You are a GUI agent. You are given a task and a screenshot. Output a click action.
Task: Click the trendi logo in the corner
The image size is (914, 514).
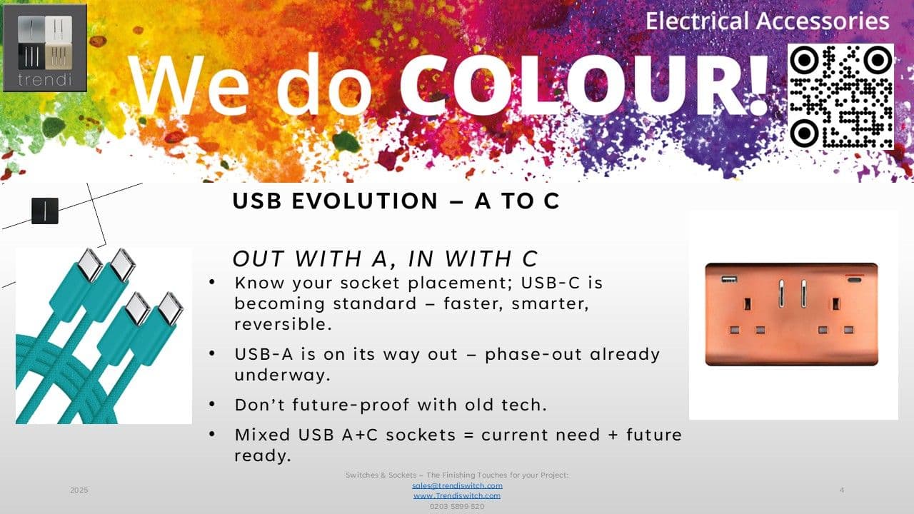[x=45, y=48]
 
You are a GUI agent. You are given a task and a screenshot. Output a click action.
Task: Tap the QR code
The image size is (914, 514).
[x=840, y=96]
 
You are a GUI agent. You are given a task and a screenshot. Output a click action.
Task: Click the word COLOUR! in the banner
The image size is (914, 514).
[x=584, y=85]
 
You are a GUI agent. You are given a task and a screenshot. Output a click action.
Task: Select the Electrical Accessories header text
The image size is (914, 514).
[x=767, y=21]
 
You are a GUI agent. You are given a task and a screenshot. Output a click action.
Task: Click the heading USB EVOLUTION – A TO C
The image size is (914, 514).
[x=396, y=201]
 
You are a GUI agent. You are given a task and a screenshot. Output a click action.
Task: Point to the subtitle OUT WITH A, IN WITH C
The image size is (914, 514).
[x=385, y=258]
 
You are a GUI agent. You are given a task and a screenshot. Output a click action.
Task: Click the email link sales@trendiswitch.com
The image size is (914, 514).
[x=457, y=485]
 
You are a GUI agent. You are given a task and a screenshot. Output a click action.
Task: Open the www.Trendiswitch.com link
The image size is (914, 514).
[x=457, y=495]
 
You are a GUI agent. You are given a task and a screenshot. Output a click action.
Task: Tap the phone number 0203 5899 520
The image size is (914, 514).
[x=457, y=506]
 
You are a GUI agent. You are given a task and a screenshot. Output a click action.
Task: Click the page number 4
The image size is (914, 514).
[x=842, y=490]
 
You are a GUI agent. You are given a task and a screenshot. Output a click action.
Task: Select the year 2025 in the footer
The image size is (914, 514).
[x=79, y=490]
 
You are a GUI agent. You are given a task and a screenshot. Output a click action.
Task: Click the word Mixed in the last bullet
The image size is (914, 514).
[x=262, y=435]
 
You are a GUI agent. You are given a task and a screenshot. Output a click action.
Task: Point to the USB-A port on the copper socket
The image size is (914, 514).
[x=729, y=279]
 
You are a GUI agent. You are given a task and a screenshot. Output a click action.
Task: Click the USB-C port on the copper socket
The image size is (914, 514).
[x=855, y=280]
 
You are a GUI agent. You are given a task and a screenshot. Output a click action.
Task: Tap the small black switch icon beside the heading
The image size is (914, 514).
[x=45, y=211]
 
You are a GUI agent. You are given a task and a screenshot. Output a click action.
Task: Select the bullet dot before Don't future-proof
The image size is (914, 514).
[x=212, y=404]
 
